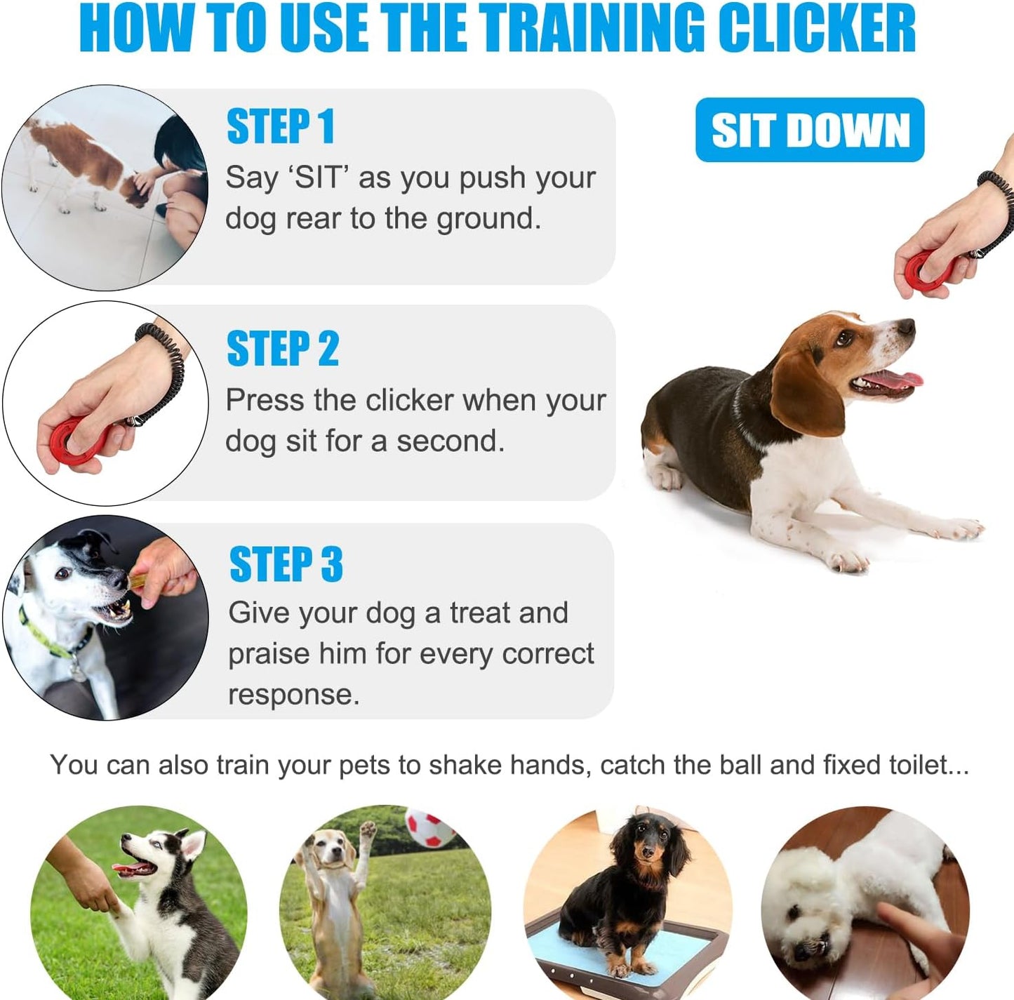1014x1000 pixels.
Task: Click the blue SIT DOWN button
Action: tap(810, 130)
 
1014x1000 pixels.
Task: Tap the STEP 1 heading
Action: tap(280, 127)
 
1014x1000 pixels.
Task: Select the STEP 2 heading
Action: tap(282, 349)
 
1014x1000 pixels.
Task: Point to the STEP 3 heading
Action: tap(286, 564)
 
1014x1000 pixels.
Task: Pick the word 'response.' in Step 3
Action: tap(293, 695)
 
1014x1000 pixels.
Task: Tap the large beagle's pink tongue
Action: tap(895, 381)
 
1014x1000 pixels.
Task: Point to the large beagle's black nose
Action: tap(907, 326)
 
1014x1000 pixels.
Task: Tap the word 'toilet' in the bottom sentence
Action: tap(918, 765)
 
